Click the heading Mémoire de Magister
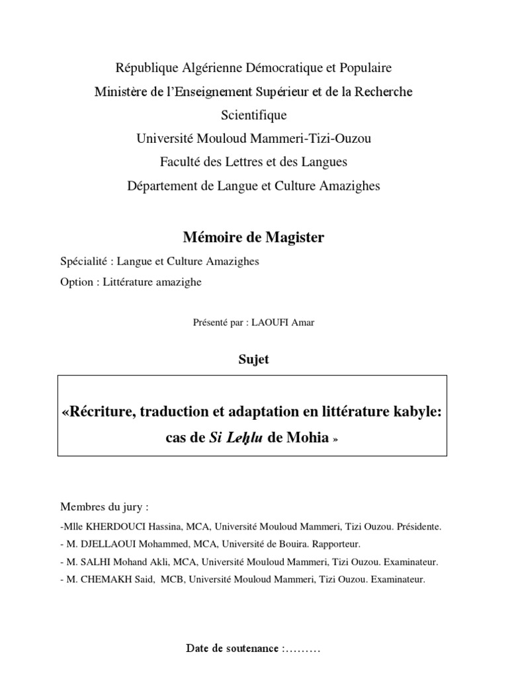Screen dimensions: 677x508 253,237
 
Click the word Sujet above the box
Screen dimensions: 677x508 253,360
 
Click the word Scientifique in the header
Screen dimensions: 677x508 253,115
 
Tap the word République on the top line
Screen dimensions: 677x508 147,67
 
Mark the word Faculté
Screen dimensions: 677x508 183,162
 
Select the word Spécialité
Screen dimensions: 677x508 85,261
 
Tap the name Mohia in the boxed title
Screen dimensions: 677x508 308,438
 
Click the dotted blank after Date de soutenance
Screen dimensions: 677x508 301,649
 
